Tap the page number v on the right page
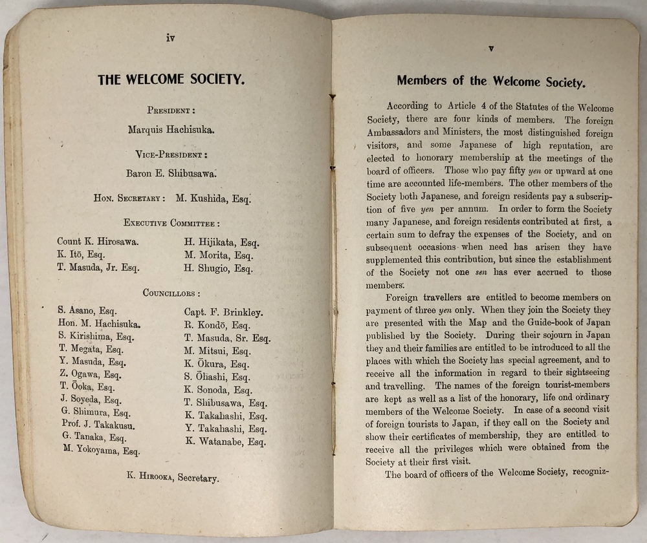pyautogui.click(x=491, y=48)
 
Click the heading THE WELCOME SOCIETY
pyautogui.click(x=171, y=81)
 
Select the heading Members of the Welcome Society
pyautogui.click(x=491, y=82)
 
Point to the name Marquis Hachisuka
pyautogui.click(x=171, y=129)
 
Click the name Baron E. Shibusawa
pyautogui.click(x=171, y=173)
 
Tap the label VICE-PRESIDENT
pyautogui.click(x=171, y=154)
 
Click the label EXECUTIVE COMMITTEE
pyautogui.click(x=172, y=223)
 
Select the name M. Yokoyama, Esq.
pyautogui.click(x=101, y=451)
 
